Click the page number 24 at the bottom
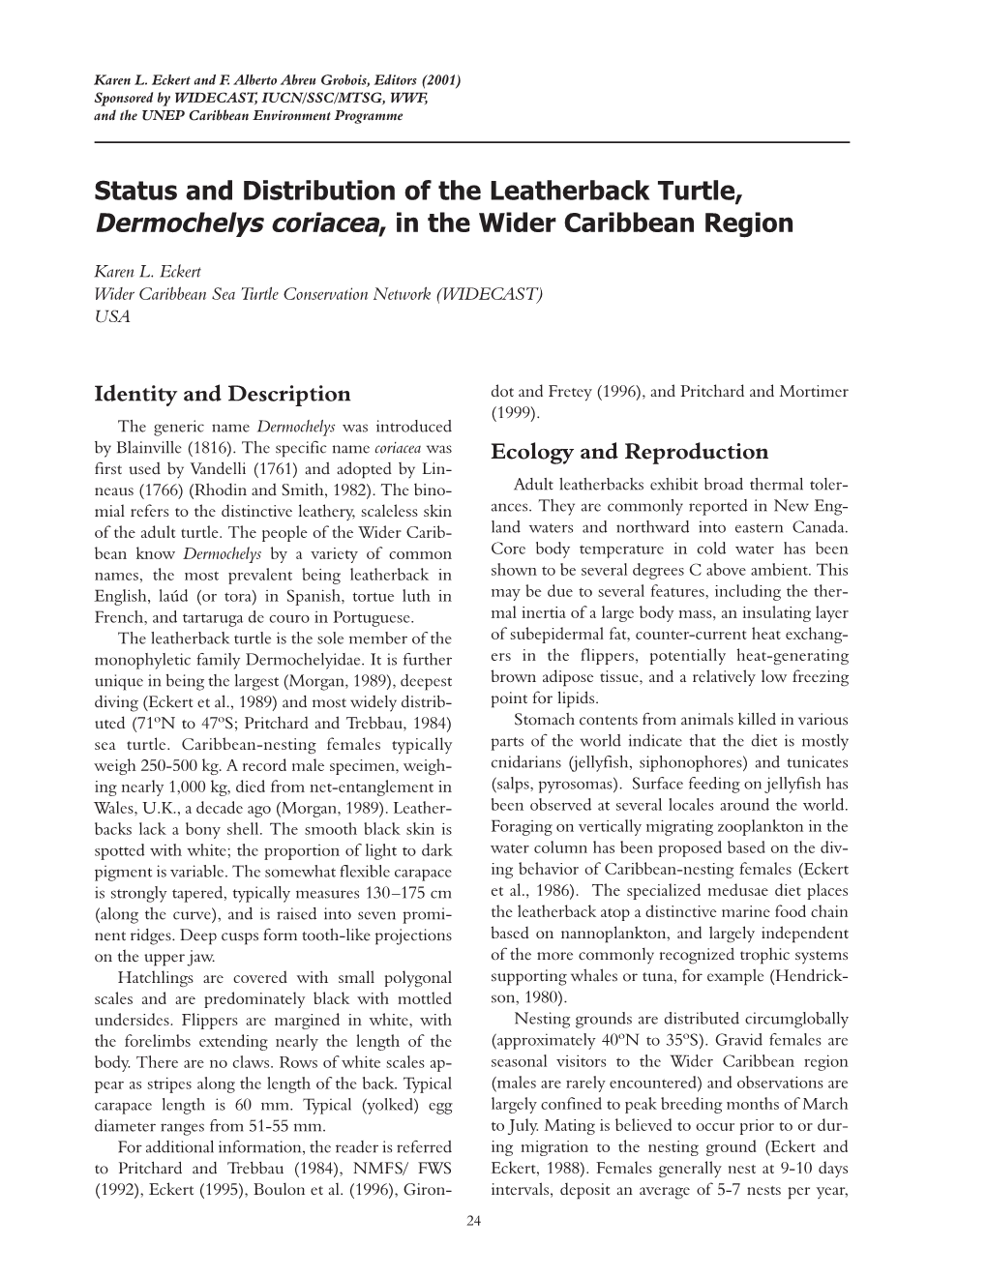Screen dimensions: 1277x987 coord(473,1221)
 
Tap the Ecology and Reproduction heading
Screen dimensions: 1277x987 coord(629,452)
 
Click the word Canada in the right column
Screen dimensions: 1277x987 coord(821,527)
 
